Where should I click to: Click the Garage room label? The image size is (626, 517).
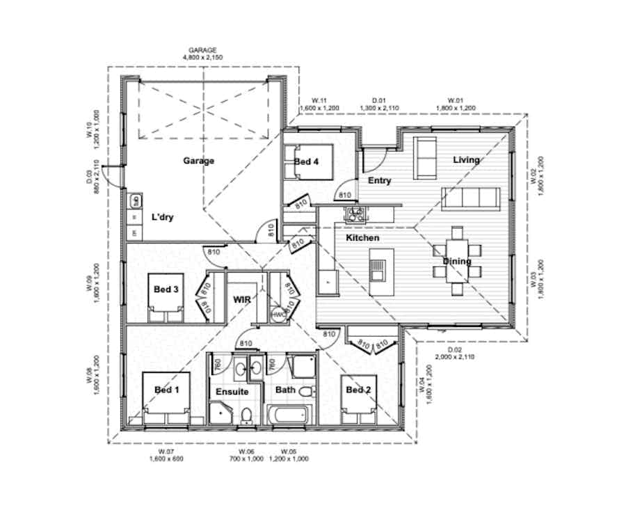tap(198, 161)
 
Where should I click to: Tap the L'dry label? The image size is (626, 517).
tap(162, 217)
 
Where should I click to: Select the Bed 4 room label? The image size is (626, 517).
tap(306, 162)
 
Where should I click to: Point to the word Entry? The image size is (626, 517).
tap(379, 181)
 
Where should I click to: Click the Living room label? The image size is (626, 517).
tap(466, 160)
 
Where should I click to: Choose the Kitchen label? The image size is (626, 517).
tap(362, 238)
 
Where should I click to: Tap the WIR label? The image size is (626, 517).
tap(241, 299)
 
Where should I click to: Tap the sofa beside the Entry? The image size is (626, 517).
tap(424, 157)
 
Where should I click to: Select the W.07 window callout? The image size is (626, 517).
tap(165, 455)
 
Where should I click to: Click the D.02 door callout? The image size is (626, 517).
tap(454, 353)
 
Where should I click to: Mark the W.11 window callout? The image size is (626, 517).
tap(319, 104)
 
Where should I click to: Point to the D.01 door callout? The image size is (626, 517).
tap(380, 104)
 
